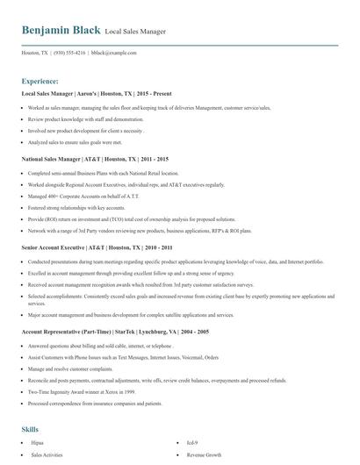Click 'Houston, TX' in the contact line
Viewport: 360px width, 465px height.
click(x=35, y=53)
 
